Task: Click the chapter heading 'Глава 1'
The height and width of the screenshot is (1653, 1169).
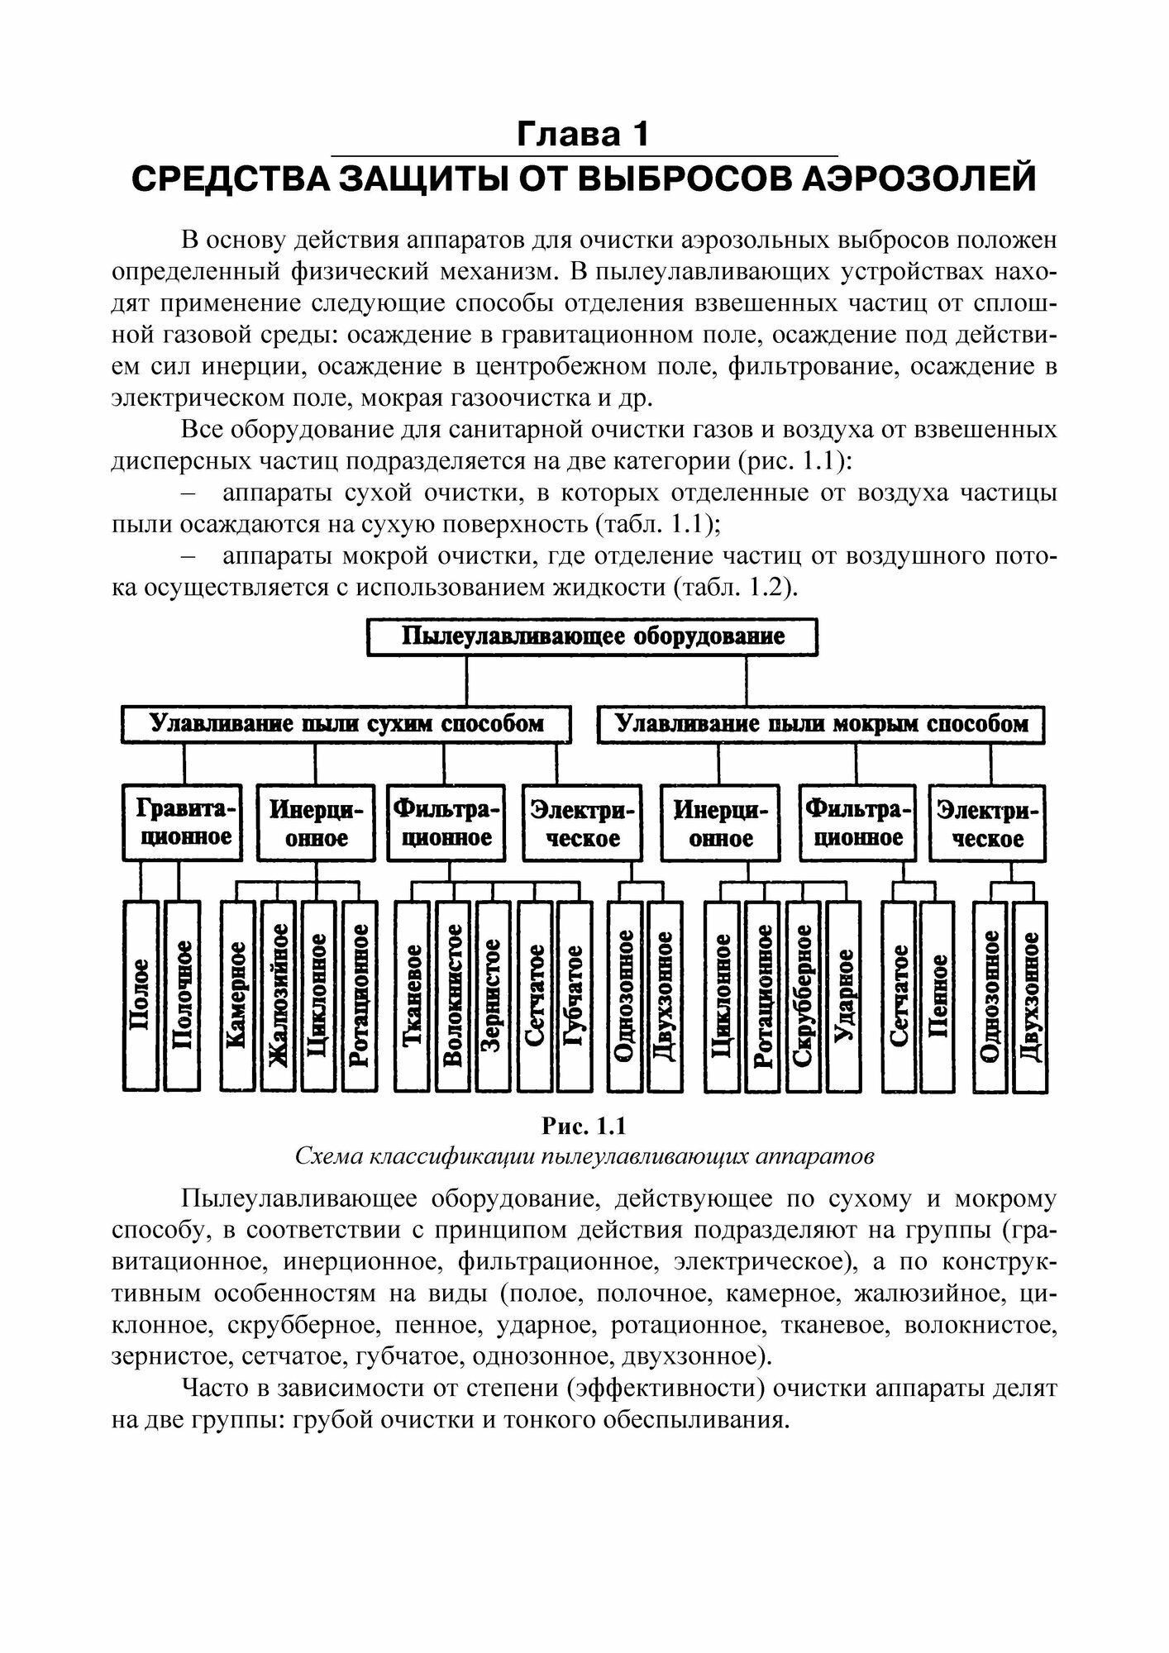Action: (x=583, y=134)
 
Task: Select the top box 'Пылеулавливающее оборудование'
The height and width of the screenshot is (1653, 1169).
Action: (x=592, y=638)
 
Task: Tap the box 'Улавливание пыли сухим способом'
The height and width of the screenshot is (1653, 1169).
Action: (x=346, y=725)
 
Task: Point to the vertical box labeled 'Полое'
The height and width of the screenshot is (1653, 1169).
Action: (x=141, y=996)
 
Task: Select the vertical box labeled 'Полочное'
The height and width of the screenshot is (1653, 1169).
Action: (x=182, y=996)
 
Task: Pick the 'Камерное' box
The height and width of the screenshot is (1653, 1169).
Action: (x=237, y=996)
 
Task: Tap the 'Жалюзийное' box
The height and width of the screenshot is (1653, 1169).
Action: (x=278, y=996)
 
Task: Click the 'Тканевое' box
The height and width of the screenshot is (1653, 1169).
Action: (x=413, y=996)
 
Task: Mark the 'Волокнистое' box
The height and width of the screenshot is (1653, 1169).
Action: (x=453, y=996)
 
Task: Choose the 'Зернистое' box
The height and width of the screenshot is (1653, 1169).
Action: (x=494, y=996)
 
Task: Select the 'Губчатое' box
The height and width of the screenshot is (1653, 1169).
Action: (x=575, y=996)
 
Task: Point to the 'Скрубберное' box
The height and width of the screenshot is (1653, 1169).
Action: (x=803, y=996)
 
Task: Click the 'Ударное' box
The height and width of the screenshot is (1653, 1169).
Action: (x=844, y=996)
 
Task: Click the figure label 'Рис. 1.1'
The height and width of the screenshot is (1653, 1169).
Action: (x=584, y=1126)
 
